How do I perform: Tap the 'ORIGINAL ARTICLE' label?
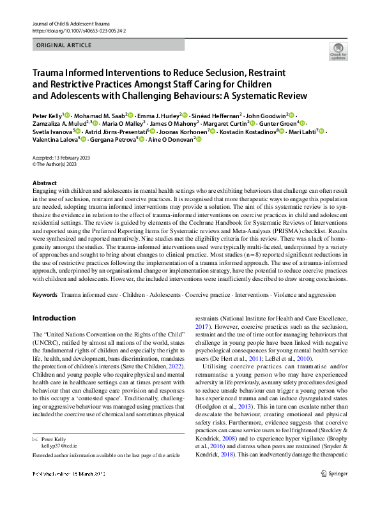point(63,45)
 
